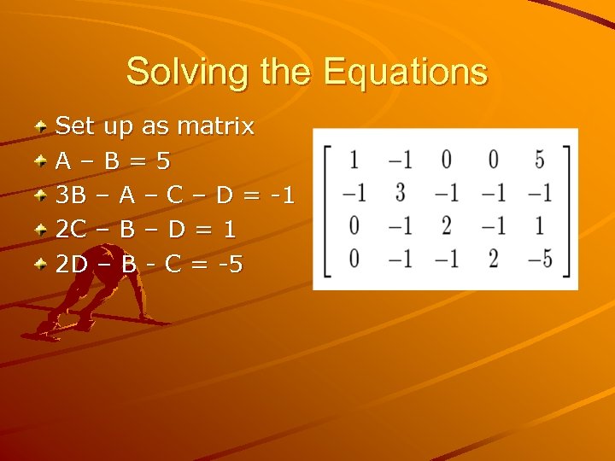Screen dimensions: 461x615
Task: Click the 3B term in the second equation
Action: (71, 195)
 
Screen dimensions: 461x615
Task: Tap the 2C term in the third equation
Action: (71, 230)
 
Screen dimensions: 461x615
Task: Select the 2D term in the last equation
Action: (72, 264)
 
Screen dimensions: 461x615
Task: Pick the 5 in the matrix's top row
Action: (538, 159)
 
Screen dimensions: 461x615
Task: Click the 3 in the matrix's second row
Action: (400, 192)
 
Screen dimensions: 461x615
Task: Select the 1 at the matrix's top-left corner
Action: (354, 159)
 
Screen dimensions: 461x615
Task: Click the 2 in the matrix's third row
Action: (445, 225)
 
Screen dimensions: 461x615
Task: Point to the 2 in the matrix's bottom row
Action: (493, 259)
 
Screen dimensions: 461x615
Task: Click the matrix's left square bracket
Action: (327, 209)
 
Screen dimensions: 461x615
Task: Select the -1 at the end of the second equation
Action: (281, 195)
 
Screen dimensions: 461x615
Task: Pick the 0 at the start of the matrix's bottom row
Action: (354, 259)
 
